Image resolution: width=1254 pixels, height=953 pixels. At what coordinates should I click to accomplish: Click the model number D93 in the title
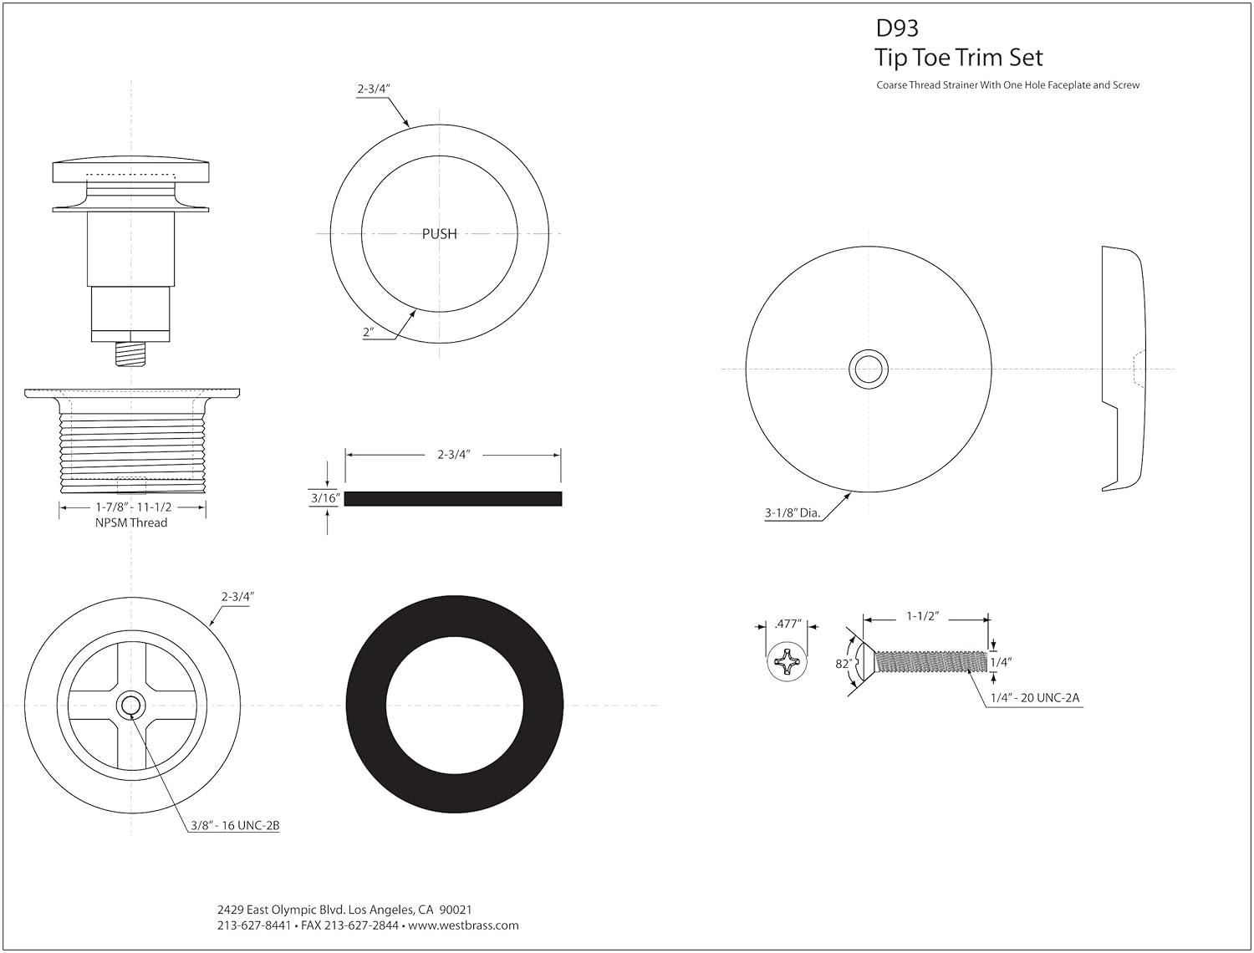(896, 28)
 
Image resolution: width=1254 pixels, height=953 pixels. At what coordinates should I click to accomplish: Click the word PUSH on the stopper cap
(439, 234)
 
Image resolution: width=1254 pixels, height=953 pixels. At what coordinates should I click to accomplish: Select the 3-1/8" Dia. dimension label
(791, 513)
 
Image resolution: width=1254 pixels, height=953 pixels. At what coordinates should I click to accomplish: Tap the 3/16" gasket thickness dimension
(324, 498)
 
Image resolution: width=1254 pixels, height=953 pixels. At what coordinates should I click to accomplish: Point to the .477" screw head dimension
(788, 624)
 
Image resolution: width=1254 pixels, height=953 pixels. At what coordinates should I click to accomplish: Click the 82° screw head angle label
(843, 664)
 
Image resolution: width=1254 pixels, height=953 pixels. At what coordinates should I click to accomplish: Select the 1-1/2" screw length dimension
(923, 616)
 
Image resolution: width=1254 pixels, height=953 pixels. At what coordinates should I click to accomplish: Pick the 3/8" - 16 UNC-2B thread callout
(233, 826)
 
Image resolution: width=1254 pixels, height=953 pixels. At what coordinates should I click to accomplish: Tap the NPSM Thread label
(132, 522)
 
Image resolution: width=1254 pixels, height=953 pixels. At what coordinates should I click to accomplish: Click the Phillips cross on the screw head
(788, 664)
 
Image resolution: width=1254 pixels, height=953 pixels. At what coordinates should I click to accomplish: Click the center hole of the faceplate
(869, 369)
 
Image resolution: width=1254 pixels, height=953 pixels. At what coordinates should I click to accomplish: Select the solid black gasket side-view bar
(453, 499)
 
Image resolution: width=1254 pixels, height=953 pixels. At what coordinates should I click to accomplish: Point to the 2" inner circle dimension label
(369, 332)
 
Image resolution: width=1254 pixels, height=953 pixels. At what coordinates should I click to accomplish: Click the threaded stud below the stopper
(130, 354)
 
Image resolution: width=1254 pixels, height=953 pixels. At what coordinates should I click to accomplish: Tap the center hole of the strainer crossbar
(130, 706)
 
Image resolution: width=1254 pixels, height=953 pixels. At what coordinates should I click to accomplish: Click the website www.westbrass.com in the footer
(464, 925)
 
